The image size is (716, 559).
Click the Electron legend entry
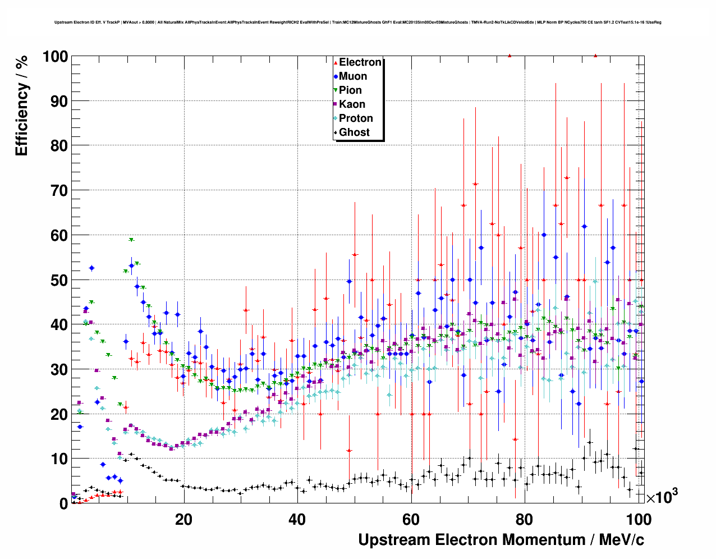click(x=360, y=62)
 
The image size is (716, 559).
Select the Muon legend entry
click(x=353, y=76)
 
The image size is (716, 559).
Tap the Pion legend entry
click(x=350, y=90)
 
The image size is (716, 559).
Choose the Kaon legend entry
click(x=352, y=104)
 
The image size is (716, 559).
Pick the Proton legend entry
click(x=356, y=118)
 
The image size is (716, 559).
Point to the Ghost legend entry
click(x=354, y=132)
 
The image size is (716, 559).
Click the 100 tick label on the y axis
click(x=54, y=57)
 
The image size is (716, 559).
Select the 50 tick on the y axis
click(x=59, y=280)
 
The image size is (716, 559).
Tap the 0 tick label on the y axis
click(x=63, y=503)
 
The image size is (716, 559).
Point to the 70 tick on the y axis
click(x=59, y=191)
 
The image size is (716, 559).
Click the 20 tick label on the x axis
click(x=183, y=519)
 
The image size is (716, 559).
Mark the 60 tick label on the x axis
click(x=411, y=519)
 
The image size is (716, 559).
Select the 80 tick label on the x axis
click(x=525, y=519)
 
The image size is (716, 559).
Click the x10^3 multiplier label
click(x=662, y=497)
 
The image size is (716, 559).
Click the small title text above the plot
click(x=357, y=22)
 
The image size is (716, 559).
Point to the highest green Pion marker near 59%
click(x=131, y=240)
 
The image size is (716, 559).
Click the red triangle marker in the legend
click(x=336, y=62)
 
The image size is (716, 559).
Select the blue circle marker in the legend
click(x=336, y=76)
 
